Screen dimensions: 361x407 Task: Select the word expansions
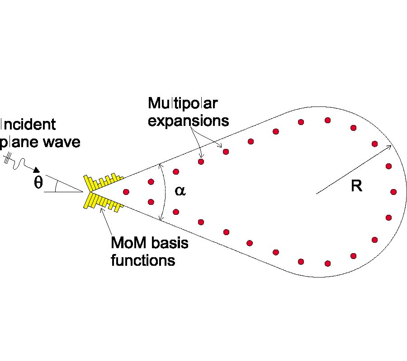coord(189,121)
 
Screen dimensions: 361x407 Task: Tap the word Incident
coord(28,125)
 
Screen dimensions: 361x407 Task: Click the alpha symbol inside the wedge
coord(180,191)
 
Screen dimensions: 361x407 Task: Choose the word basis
coord(170,244)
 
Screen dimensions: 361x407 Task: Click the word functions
coord(143,260)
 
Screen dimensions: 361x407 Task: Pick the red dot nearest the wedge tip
coord(126,192)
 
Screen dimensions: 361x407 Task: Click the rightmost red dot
coord(393,192)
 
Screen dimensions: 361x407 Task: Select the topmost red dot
coord(328,120)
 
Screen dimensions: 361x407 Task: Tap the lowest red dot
coord(328,263)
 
